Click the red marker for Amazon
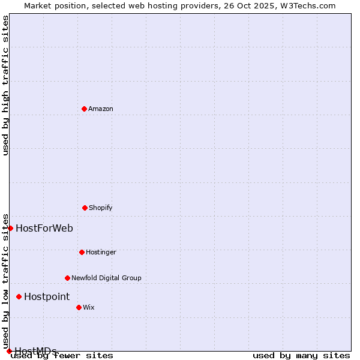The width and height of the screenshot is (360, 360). click(x=84, y=109)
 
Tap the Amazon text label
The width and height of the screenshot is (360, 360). click(x=101, y=109)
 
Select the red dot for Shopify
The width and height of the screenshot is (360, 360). click(x=85, y=208)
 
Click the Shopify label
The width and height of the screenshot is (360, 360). click(x=101, y=208)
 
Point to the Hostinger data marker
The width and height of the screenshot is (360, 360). click(x=82, y=252)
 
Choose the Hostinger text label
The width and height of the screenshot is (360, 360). click(x=101, y=253)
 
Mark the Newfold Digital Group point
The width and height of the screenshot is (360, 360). click(x=67, y=278)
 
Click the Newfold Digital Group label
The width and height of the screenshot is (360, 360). click(x=106, y=278)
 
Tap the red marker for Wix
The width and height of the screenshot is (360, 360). click(x=79, y=307)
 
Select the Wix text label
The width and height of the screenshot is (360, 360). click(x=89, y=308)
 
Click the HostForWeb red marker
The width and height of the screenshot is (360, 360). click(x=10, y=228)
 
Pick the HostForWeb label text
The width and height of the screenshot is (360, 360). click(x=44, y=229)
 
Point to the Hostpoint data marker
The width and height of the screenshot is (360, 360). click(x=19, y=296)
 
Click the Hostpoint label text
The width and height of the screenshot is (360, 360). click(x=47, y=297)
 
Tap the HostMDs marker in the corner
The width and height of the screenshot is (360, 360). click(x=9, y=351)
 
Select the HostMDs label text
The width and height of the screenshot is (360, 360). click(x=35, y=351)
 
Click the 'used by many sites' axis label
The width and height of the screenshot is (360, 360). click(x=301, y=356)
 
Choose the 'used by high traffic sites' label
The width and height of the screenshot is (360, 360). click(x=6, y=85)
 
